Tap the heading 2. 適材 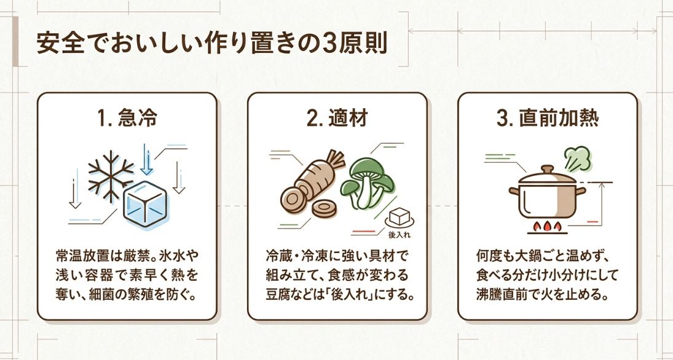click(x=337, y=119)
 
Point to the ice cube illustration click(x=146, y=206)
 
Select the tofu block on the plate click(x=400, y=216)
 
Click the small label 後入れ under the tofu click(x=399, y=235)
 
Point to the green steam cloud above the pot click(x=576, y=157)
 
